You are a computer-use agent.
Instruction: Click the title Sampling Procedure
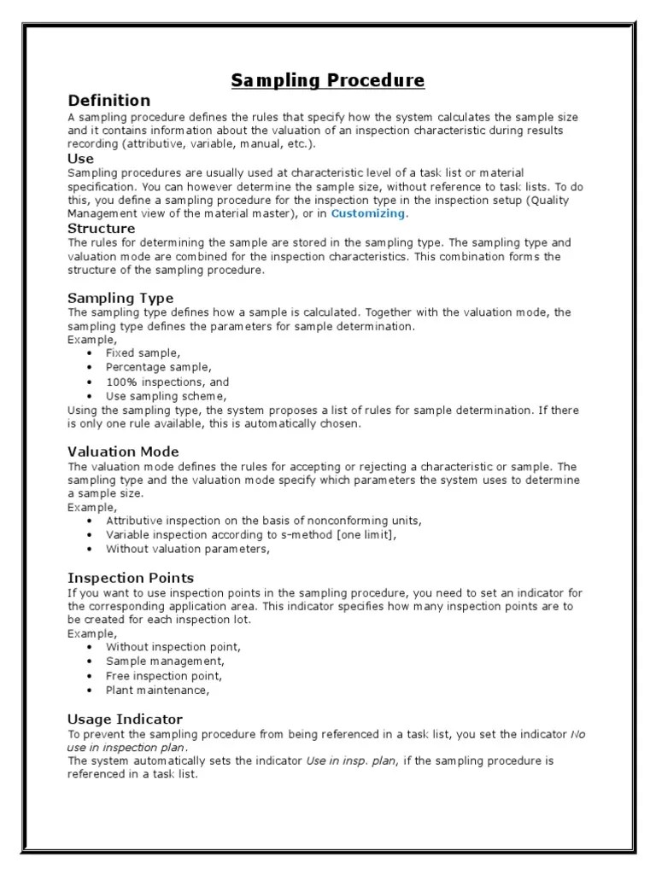[328, 81]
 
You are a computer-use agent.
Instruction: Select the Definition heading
[108, 101]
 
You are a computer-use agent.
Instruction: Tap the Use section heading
[80, 159]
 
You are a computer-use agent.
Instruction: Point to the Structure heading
[101, 229]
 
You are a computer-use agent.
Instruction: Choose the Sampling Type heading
[120, 298]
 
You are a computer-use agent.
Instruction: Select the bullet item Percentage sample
[158, 367]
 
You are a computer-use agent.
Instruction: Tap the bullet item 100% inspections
[167, 382]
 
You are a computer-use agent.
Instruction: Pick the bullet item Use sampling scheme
[167, 397]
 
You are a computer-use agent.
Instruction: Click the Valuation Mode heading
[123, 452]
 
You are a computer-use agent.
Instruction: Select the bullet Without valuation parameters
[188, 550]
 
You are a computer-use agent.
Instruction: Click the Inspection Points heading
[131, 578]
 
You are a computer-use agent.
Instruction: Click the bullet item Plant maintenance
[157, 690]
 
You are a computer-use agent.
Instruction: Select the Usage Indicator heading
[125, 719]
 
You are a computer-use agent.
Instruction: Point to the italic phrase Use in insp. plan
[350, 760]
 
